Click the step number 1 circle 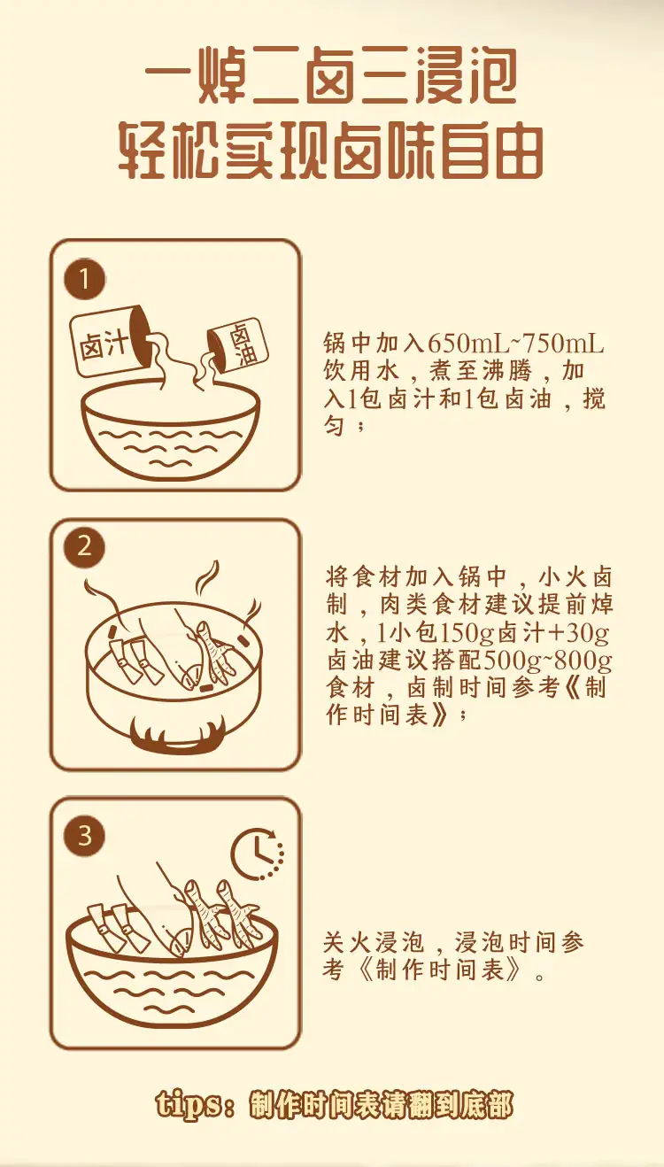[x=84, y=279]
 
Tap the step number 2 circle [x=84, y=547]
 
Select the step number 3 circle [x=84, y=836]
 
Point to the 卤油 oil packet [x=238, y=345]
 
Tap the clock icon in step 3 [x=258, y=854]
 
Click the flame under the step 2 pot [x=178, y=735]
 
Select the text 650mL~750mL [x=515, y=344]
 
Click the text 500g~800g [x=548, y=661]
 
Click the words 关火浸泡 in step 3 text [x=374, y=942]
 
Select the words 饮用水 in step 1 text [x=360, y=371]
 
